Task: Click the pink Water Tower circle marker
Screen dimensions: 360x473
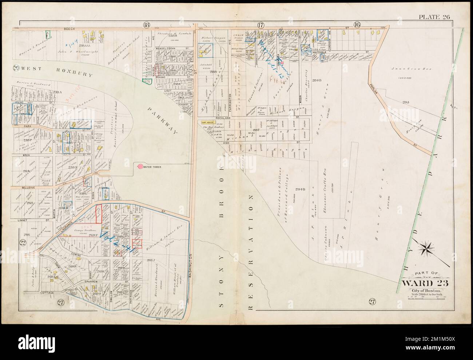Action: pyautogui.click(x=140, y=167)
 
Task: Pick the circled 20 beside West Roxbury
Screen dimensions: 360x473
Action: pyautogui.click(x=16, y=67)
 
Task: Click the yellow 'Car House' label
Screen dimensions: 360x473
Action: pyautogui.click(x=208, y=123)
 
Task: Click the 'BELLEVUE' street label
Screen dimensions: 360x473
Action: pyautogui.click(x=19, y=187)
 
